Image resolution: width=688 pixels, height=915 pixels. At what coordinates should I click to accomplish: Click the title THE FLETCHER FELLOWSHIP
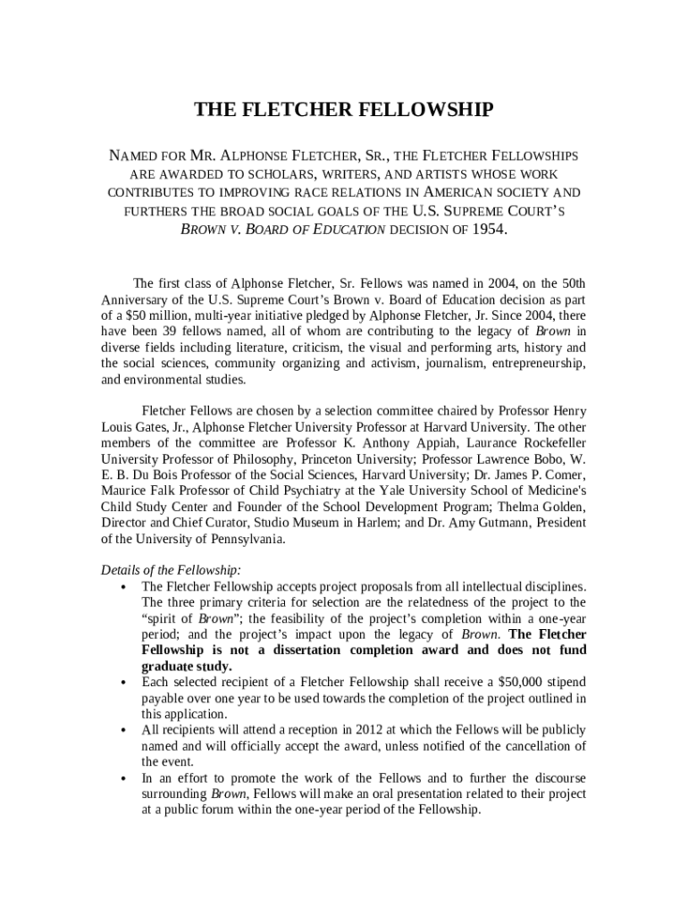[x=344, y=110]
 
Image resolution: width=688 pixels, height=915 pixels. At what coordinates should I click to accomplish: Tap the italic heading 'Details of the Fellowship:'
[x=171, y=570]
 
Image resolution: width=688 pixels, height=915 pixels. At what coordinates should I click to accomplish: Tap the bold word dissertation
[x=293, y=650]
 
